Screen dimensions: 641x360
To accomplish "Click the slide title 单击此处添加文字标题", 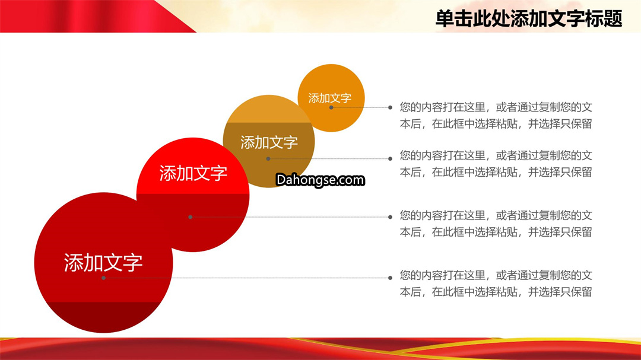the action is tap(529, 19).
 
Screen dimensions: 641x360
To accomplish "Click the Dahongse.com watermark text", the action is tap(320, 180).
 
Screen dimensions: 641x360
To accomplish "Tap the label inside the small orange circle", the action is tap(330, 98).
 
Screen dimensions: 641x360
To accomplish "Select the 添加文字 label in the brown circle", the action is tap(269, 142).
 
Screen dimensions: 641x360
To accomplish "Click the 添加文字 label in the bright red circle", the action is tap(193, 173).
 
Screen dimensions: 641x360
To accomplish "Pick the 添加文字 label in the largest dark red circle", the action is tap(103, 262).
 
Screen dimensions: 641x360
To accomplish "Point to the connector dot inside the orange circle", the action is tap(331, 107).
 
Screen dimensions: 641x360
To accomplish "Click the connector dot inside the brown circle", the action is tap(268, 158).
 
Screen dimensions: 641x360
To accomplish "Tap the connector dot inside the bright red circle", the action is tap(190, 217).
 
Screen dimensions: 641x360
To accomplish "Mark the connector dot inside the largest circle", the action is tap(104, 278).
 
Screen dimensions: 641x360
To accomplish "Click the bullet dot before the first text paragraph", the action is tap(391, 107).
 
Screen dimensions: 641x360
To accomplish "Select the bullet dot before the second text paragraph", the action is tap(391, 158).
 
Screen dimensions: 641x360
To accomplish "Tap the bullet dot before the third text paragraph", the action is tap(391, 217).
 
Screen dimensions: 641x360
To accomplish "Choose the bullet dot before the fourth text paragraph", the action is tap(391, 278).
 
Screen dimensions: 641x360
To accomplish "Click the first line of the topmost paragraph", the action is tap(496, 107).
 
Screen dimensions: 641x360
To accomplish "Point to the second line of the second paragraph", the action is tap(496, 172).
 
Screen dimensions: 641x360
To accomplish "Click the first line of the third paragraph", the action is tap(496, 215).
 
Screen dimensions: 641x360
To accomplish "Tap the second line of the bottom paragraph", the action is tap(496, 292).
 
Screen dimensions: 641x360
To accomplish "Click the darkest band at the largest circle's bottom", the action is tap(103, 317).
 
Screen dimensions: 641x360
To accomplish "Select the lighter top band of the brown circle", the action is tap(269, 110).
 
